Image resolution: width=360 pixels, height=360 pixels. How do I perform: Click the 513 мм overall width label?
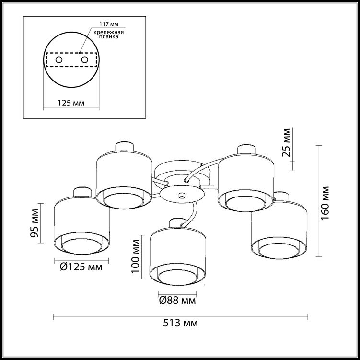click(x=180, y=323)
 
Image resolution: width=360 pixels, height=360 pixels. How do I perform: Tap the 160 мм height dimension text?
click(x=325, y=203)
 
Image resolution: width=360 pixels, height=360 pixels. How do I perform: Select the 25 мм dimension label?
click(x=286, y=142)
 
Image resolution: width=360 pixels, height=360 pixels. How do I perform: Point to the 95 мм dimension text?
click(x=35, y=223)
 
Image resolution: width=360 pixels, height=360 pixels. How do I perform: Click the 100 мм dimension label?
click(x=136, y=256)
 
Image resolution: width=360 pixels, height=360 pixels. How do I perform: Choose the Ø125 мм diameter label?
click(x=81, y=267)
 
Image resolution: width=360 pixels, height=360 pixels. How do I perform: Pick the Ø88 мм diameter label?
click(x=177, y=301)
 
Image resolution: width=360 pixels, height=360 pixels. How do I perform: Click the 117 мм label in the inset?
click(x=109, y=24)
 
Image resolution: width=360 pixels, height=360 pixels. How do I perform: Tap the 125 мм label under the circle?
click(x=71, y=103)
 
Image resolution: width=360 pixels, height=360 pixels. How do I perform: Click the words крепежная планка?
click(x=109, y=34)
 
